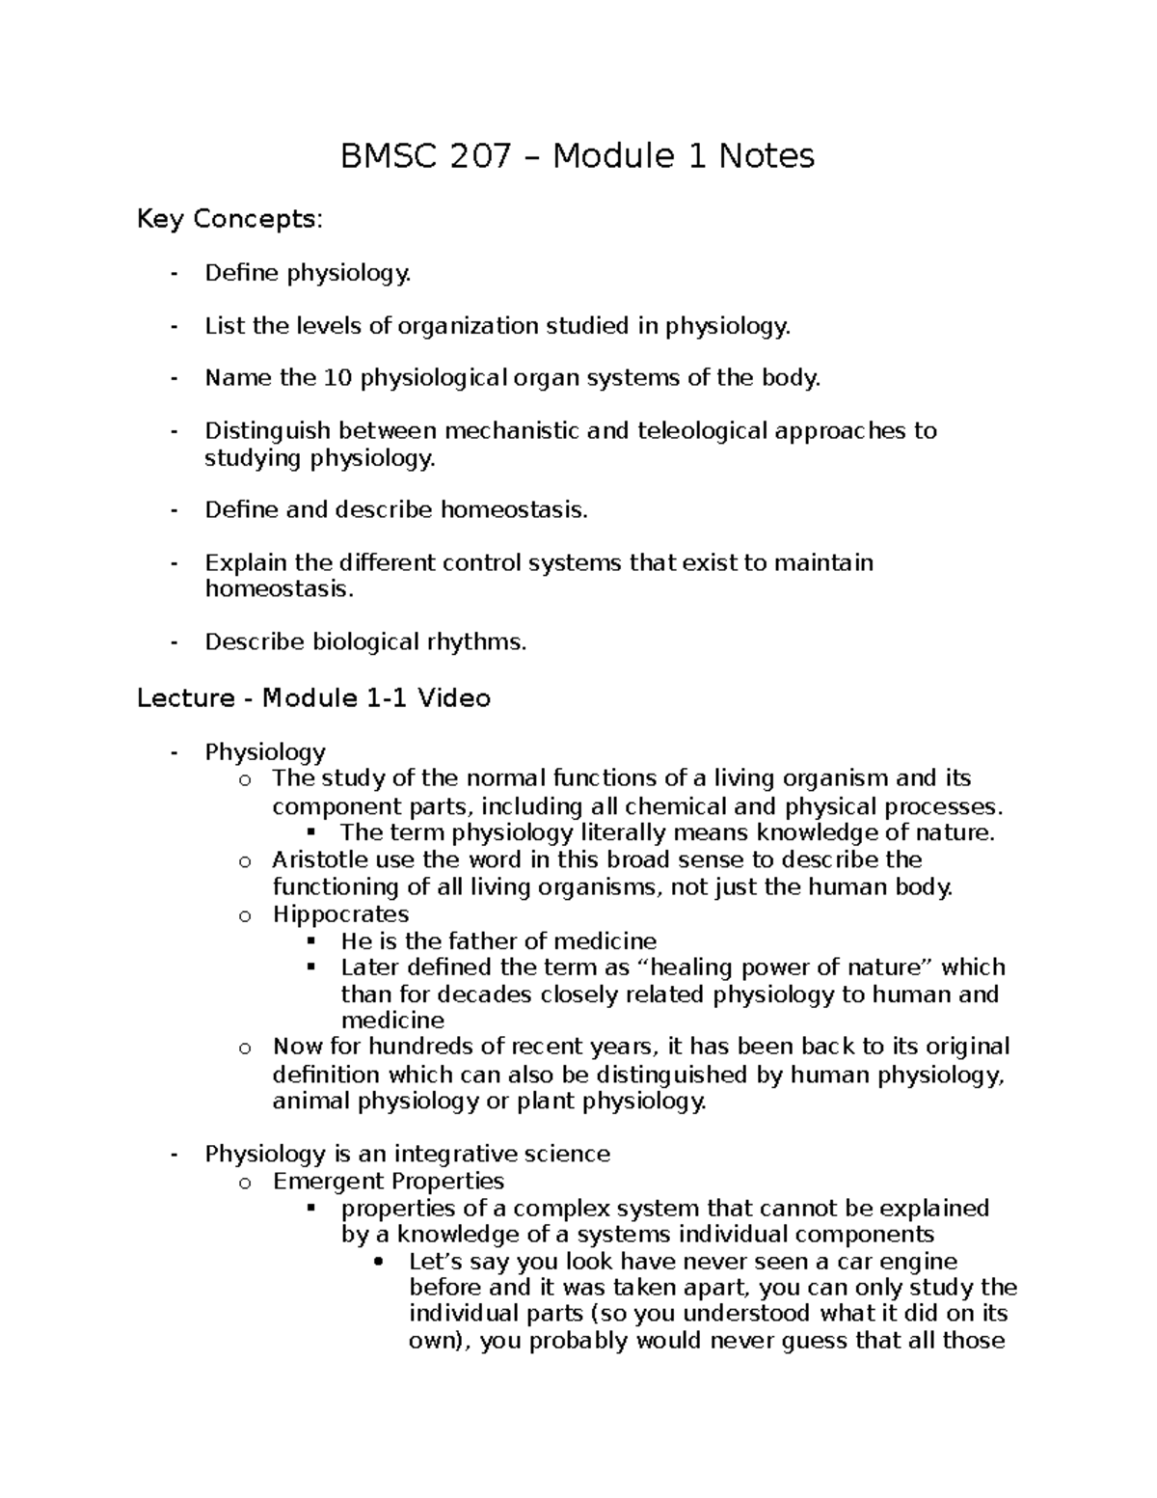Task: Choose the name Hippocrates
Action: click(x=340, y=913)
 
